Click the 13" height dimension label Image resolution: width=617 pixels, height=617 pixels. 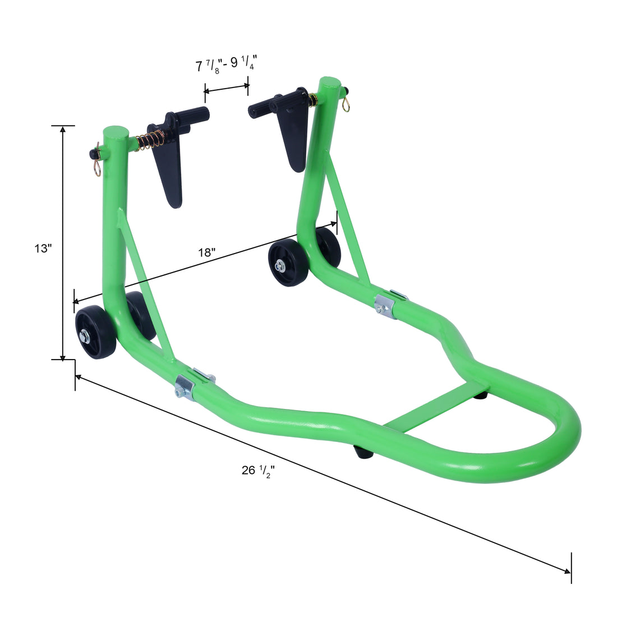[43, 247]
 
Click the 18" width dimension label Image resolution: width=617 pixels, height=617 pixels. [206, 252]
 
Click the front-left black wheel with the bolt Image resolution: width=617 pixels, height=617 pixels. [95, 333]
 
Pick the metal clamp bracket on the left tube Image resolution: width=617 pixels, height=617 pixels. [185, 387]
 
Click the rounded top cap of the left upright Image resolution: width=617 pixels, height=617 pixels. [116, 133]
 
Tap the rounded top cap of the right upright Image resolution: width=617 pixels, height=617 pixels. [330, 85]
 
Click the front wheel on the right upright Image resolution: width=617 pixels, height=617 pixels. [288, 263]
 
